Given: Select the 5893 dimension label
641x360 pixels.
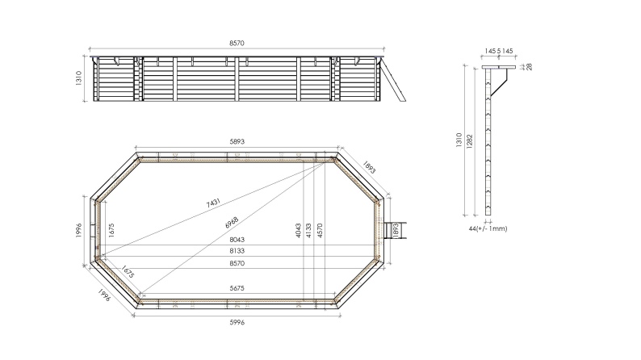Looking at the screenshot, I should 237,141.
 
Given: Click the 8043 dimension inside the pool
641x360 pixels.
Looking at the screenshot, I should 237,240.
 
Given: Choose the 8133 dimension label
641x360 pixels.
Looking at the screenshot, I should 237,251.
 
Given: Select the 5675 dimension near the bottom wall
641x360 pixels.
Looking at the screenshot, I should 237,288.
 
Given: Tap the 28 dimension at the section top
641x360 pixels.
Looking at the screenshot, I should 529,66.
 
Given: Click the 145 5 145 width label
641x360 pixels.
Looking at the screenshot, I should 499,51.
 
